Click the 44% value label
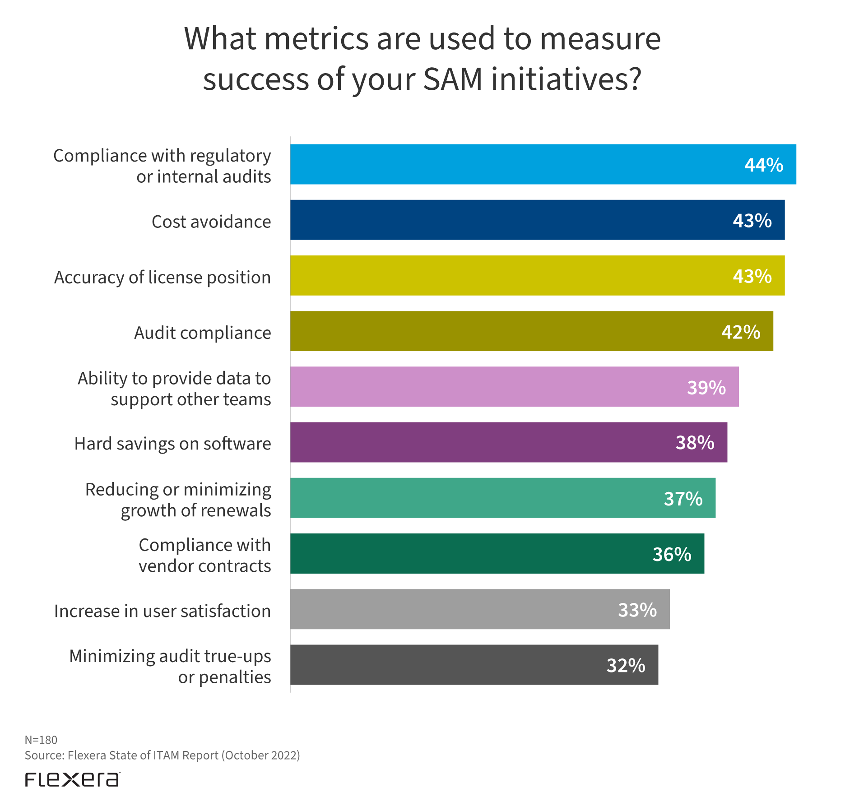(763, 165)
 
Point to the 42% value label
(740, 332)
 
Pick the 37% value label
(683, 499)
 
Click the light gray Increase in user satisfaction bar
(451, 609)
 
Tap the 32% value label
(626, 666)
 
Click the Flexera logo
(72, 779)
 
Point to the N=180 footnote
(41, 740)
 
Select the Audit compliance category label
(203, 333)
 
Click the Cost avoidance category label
(211, 222)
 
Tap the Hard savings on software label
(173, 444)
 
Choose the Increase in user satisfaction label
(162, 611)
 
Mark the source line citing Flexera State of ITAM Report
(162, 755)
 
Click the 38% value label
(695, 443)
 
